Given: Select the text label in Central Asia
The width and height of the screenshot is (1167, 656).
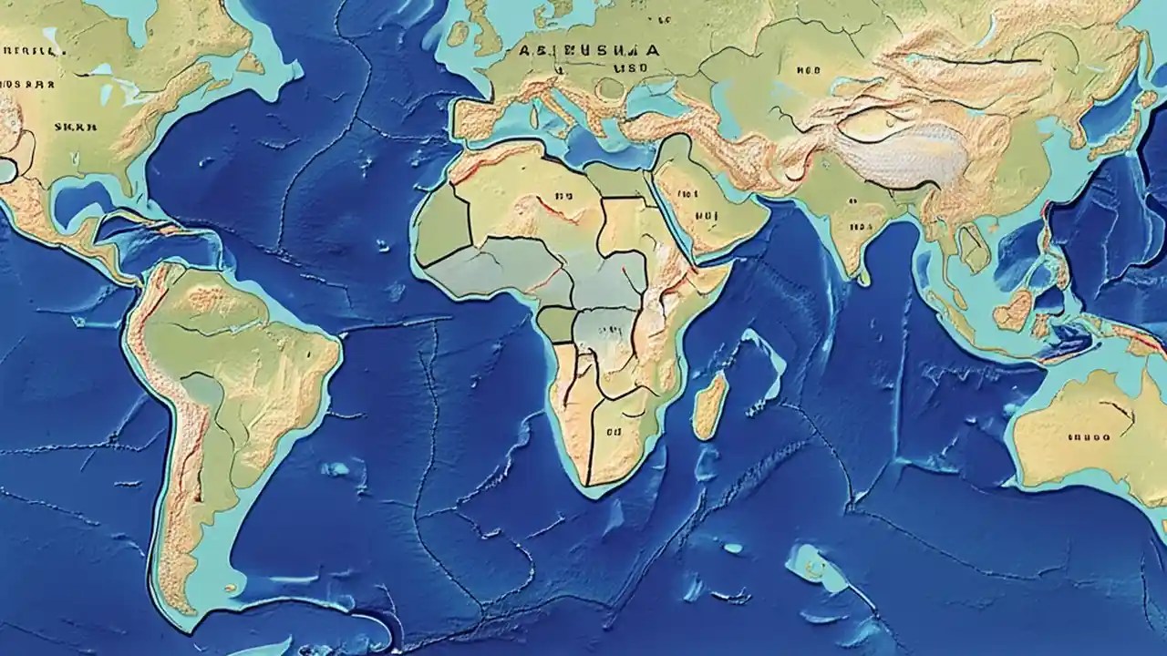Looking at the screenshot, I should point(808,68).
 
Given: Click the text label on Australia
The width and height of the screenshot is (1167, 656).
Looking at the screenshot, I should point(1088,436).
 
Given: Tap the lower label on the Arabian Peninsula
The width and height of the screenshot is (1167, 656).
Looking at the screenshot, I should point(706,217).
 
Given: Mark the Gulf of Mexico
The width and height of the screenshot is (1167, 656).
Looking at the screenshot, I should point(87,206).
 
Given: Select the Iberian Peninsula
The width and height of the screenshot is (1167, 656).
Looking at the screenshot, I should point(478,118).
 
